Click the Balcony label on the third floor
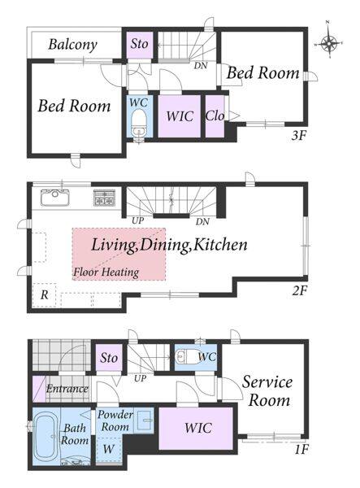[73, 45]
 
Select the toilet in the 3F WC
[138, 124]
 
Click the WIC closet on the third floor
[180, 116]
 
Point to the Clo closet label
[215, 116]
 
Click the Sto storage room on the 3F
[139, 44]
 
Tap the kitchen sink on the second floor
[54, 198]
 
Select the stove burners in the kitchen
[105, 198]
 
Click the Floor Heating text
[106, 272]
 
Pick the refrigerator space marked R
[45, 294]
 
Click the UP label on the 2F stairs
[137, 220]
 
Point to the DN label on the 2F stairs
[202, 221]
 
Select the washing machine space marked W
[109, 449]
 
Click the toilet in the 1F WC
[185, 357]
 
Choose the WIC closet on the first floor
[196, 429]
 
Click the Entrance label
[67, 389]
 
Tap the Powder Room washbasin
[143, 420]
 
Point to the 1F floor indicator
[300, 450]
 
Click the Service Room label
[267, 391]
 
